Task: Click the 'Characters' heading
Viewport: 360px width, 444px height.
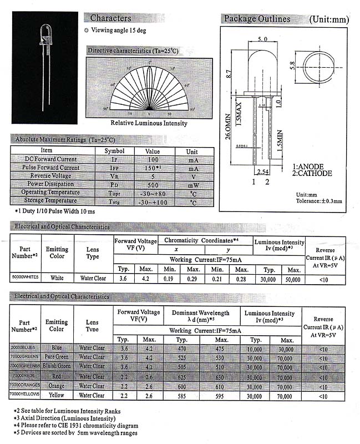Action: pyautogui.click(x=110, y=18)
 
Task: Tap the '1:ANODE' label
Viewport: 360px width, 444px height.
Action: pyautogui.click(x=308, y=167)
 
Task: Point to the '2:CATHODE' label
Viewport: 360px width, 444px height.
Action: pyautogui.click(x=312, y=173)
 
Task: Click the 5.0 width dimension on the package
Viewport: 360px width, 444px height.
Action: pyautogui.click(x=263, y=39)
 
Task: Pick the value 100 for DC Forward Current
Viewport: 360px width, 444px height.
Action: pyautogui.click(x=152, y=159)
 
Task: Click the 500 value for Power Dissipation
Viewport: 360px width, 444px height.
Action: pyautogui.click(x=152, y=185)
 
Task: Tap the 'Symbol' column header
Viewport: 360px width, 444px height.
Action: pyautogui.click(x=114, y=151)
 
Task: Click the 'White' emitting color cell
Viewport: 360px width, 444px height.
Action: pyautogui.click(x=57, y=278)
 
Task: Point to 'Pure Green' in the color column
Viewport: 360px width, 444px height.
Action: pyautogui.click(x=57, y=357)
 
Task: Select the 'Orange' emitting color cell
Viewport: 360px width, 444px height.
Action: pyautogui.click(x=57, y=386)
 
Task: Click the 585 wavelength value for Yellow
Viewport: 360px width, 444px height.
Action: pyautogui.click(x=180, y=395)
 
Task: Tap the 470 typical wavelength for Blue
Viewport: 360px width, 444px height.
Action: pyautogui.click(x=180, y=348)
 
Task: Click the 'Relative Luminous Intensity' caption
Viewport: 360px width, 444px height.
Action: pyautogui.click(x=149, y=123)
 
